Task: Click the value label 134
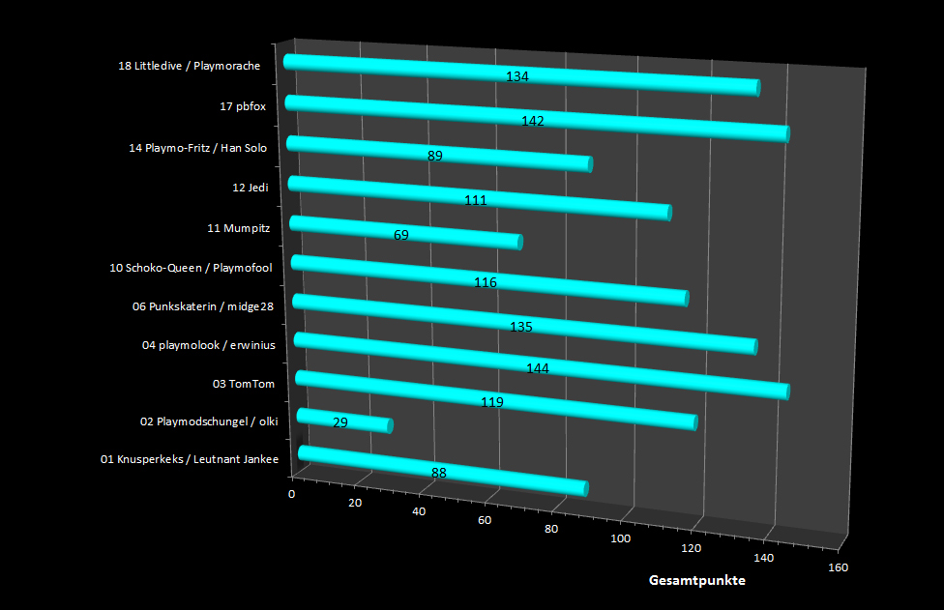[x=517, y=76]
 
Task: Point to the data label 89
[x=434, y=156]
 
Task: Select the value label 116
[x=486, y=282]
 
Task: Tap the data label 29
[x=339, y=422]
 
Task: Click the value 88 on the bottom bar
[x=439, y=473]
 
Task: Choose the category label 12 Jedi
[x=250, y=188]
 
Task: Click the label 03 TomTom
[x=244, y=384]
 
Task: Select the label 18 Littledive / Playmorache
[x=189, y=66]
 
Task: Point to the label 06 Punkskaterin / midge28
[x=203, y=306]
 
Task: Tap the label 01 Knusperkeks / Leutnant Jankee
[x=190, y=459]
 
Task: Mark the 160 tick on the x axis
[x=838, y=567]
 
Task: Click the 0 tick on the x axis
[x=292, y=494]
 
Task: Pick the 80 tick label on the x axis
[x=551, y=529]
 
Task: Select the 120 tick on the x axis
[x=692, y=548]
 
